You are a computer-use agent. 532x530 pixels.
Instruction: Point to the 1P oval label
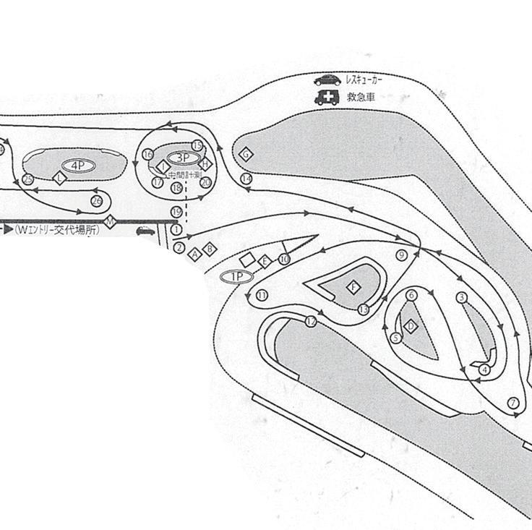coord(236,276)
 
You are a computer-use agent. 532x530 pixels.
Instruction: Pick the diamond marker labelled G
coord(246,154)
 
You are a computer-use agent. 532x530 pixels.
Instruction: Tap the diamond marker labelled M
coord(110,221)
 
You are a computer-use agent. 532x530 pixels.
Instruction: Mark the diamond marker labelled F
coord(353,287)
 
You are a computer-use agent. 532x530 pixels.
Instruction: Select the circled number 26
coord(97,200)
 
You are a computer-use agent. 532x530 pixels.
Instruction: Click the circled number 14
coord(246,178)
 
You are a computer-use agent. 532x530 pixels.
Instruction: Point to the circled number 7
coord(514,403)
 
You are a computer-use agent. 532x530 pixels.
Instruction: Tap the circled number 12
coord(311,322)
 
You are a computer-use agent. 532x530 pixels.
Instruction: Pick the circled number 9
coord(403,255)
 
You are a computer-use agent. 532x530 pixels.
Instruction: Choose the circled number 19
coord(176,211)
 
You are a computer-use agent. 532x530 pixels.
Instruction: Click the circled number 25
coord(27,179)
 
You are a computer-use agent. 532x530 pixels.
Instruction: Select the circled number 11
coord(262,294)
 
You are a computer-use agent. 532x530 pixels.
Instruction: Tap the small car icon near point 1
coord(145,231)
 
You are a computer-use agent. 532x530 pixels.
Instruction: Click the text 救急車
coord(359,97)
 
